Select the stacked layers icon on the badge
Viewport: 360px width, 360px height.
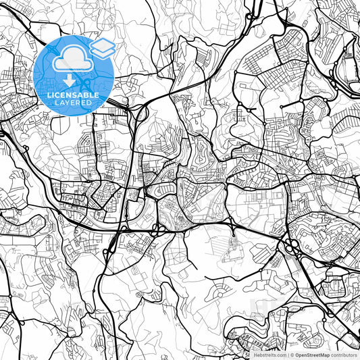[x=102, y=47]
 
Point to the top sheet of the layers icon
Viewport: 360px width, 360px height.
[x=102, y=43]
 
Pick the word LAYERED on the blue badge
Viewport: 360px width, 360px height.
[x=73, y=104]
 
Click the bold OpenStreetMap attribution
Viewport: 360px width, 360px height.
[x=313, y=355]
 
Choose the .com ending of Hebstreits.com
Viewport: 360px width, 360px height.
[x=279, y=355]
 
